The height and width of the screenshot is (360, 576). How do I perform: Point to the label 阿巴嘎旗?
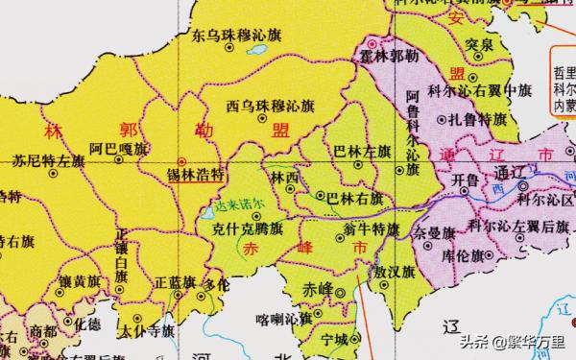click(x=119, y=149)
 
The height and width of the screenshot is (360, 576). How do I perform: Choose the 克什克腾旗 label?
click(x=248, y=230)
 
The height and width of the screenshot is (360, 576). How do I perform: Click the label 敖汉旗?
click(x=394, y=272)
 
